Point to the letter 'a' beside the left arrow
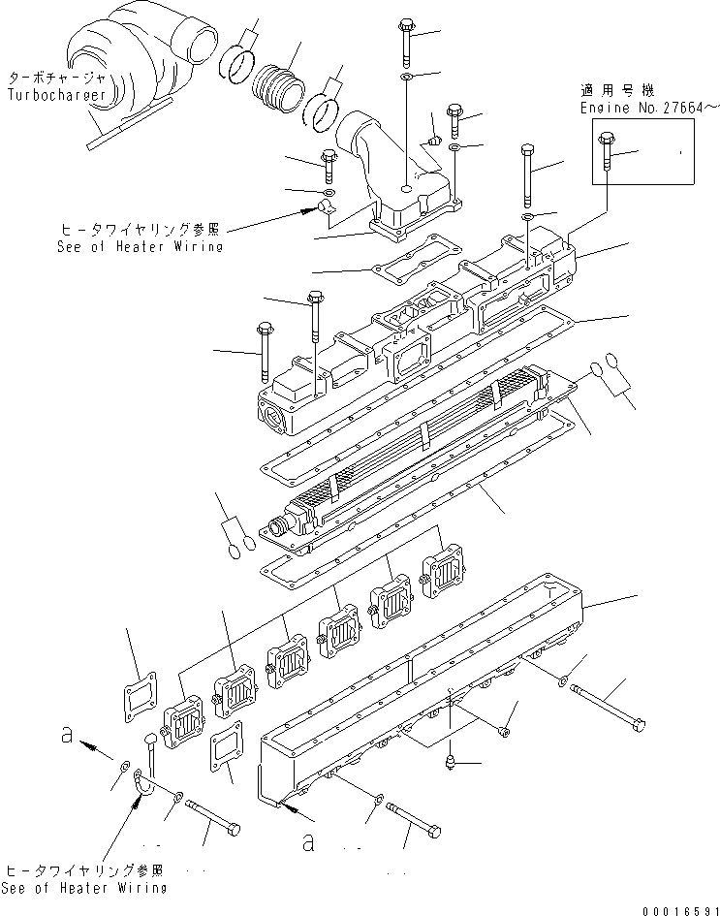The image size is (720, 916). [x=67, y=734]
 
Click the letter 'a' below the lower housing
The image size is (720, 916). [x=309, y=841]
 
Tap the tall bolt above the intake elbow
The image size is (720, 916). [x=405, y=38]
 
